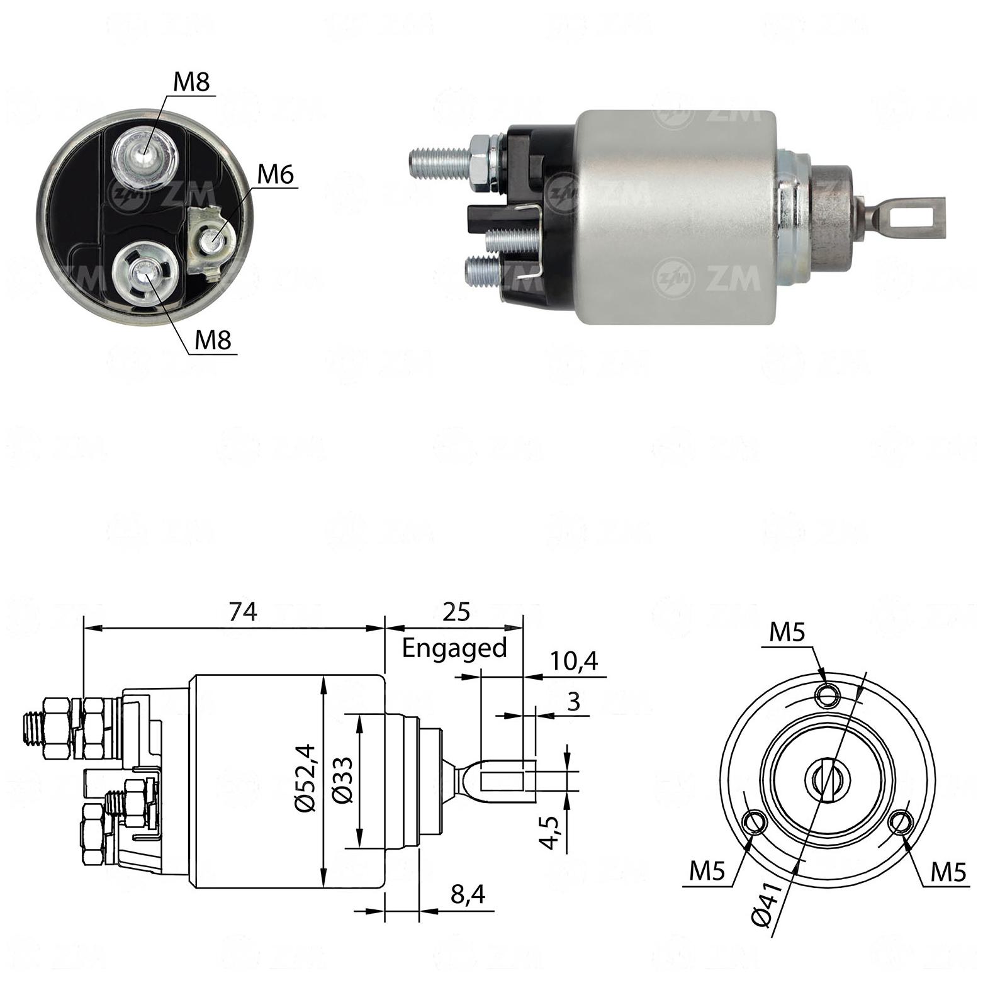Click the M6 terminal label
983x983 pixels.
[x=276, y=174]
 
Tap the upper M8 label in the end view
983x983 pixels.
[x=192, y=82]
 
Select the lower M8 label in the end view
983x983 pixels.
[x=213, y=340]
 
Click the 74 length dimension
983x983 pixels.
[x=243, y=611]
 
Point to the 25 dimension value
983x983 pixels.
[x=456, y=611]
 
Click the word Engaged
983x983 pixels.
[x=454, y=648]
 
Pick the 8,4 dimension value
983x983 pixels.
[x=468, y=894]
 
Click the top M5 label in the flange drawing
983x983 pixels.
[x=787, y=633]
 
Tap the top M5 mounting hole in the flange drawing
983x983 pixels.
[x=827, y=695]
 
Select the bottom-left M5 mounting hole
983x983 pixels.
[x=754, y=822]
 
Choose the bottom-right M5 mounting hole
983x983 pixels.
[x=901, y=822]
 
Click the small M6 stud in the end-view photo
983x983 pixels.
[x=210, y=240]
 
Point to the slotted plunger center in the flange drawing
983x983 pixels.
[x=827, y=780]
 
